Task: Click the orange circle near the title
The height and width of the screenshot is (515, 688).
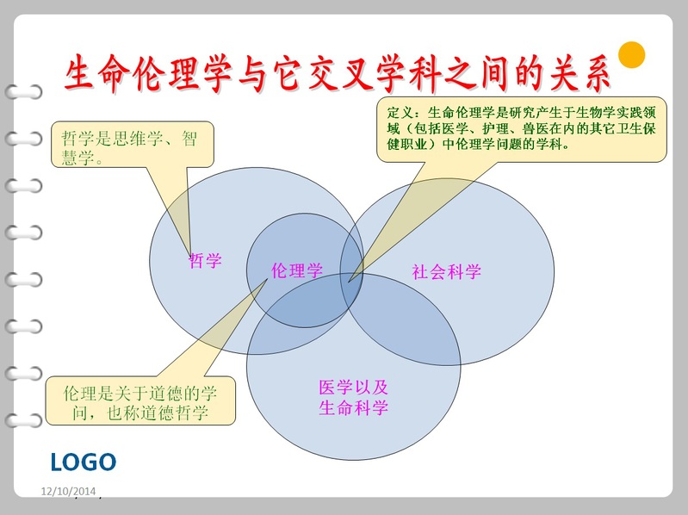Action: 631,55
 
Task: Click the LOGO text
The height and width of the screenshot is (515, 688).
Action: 84,462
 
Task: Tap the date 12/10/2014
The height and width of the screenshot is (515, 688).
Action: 68,491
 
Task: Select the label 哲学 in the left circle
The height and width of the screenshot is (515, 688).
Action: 205,261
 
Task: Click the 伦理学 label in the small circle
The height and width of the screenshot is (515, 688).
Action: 297,270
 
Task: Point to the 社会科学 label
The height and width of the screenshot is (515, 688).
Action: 446,272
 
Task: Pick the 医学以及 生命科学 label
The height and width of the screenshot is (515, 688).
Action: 353,397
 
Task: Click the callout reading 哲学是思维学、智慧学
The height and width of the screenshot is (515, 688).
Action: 132,145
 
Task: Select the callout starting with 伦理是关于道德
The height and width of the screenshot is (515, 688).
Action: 140,400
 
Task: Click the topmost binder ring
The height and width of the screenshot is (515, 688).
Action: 24,91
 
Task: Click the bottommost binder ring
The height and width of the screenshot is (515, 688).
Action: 24,420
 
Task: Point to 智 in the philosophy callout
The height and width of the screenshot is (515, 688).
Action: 189,139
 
